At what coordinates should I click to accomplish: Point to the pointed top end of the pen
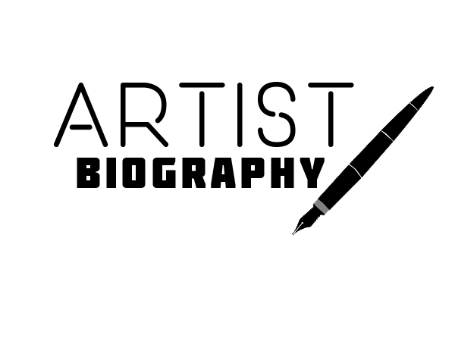(x=430, y=89)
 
